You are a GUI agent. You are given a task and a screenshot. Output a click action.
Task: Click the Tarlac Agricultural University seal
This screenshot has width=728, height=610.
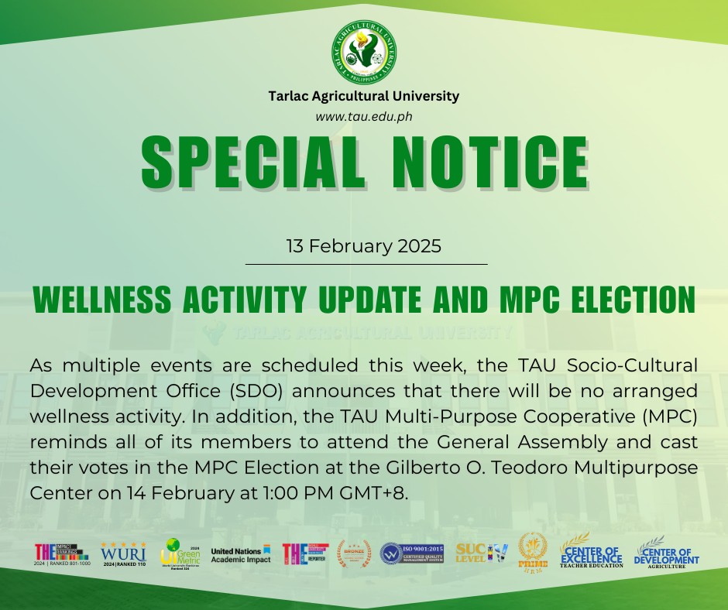pos(364,52)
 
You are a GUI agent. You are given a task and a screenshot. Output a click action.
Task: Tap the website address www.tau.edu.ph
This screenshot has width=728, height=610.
pos(363,115)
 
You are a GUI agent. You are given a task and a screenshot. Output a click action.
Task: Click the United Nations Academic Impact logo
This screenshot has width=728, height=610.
pos(241,554)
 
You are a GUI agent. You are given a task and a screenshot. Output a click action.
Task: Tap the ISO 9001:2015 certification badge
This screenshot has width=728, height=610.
pos(411,553)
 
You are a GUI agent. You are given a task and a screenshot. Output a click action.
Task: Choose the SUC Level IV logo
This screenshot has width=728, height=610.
pos(482,553)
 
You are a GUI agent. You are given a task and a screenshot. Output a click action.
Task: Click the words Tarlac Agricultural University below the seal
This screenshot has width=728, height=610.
pos(363,97)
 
